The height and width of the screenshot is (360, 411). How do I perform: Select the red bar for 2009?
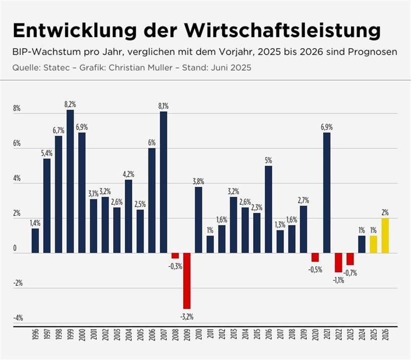(x=186, y=280)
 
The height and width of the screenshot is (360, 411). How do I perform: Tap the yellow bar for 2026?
(x=384, y=235)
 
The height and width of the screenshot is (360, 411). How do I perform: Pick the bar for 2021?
(x=327, y=193)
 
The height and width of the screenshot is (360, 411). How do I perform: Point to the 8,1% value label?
(x=163, y=106)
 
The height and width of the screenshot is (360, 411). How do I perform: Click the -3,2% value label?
(x=186, y=316)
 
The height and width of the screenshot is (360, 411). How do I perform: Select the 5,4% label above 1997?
(x=47, y=153)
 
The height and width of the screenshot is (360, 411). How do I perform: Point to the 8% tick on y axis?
(x=17, y=109)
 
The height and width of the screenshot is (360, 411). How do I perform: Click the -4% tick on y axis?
(x=17, y=318)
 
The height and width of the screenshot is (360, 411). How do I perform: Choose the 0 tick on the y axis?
(x=15, y=248)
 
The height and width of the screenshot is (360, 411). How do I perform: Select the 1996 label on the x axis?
(x=36, y=335)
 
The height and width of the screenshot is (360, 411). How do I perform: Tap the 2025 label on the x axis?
(x=373, y=335)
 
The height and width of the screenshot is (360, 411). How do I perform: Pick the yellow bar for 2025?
(x=373, y=244)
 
